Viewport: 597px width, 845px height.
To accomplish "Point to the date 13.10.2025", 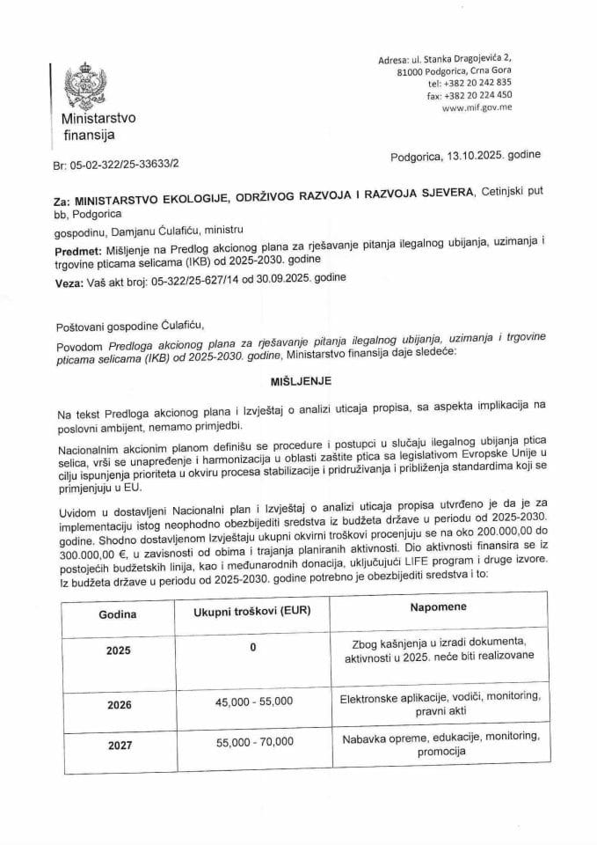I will coord(471,154).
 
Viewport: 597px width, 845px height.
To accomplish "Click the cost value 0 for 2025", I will coord(252,648).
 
